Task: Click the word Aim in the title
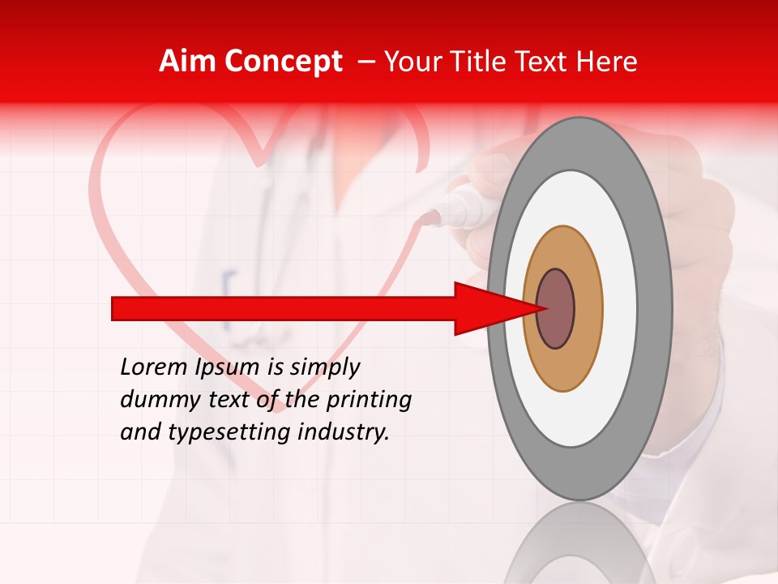click(188, 62)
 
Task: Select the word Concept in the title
click(283, 62)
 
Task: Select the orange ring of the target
click(588, 308)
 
